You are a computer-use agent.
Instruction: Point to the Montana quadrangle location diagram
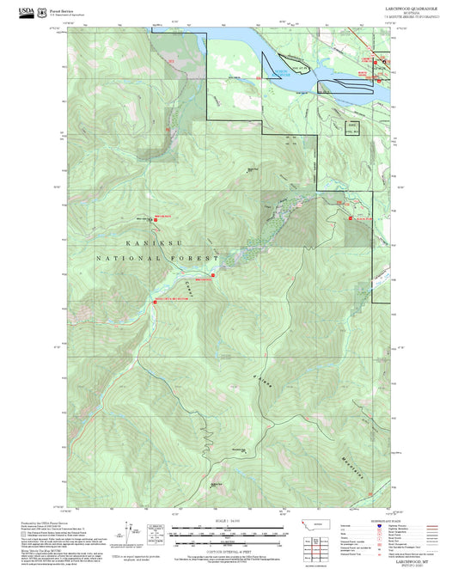point(312,526)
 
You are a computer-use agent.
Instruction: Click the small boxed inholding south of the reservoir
point(351,127)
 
